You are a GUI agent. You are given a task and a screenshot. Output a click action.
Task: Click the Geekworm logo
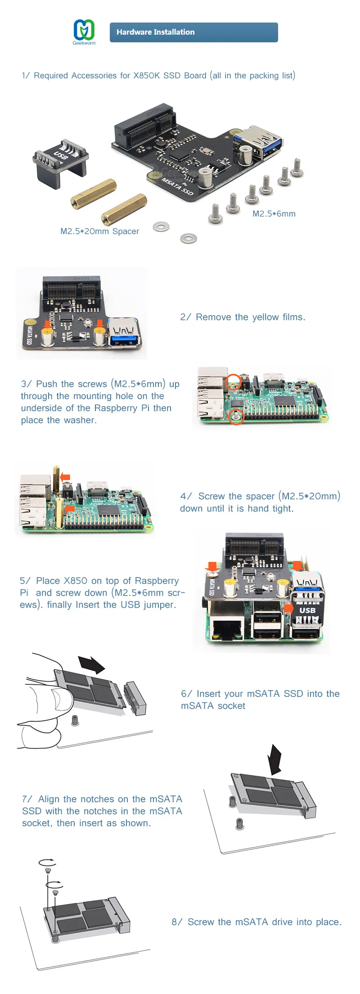pos(84,31)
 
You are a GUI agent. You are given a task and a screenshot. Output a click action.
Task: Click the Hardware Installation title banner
pos(193,32)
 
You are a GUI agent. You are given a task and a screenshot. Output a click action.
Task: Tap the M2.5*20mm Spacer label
pos(99,231)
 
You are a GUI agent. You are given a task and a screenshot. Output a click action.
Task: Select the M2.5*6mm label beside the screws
pos(274,214)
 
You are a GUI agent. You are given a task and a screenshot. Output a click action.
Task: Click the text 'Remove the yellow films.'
pos(250,317)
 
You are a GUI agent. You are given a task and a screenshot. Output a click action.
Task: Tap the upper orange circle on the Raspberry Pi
pos(233,382)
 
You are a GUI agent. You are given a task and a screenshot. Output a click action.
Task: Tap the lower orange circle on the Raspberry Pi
pos(236,416)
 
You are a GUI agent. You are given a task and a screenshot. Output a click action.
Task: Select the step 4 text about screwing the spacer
pos(260,502)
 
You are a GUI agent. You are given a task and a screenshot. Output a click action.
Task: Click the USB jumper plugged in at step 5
pos(307,610)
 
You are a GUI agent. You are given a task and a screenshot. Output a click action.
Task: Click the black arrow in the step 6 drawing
pos(91,664)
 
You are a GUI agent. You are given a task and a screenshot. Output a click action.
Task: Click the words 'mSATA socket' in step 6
pos(213,706)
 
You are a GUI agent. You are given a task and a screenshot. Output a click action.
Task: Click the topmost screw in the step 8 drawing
pos(48,871)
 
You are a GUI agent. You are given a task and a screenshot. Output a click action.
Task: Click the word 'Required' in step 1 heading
pos(51,76)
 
